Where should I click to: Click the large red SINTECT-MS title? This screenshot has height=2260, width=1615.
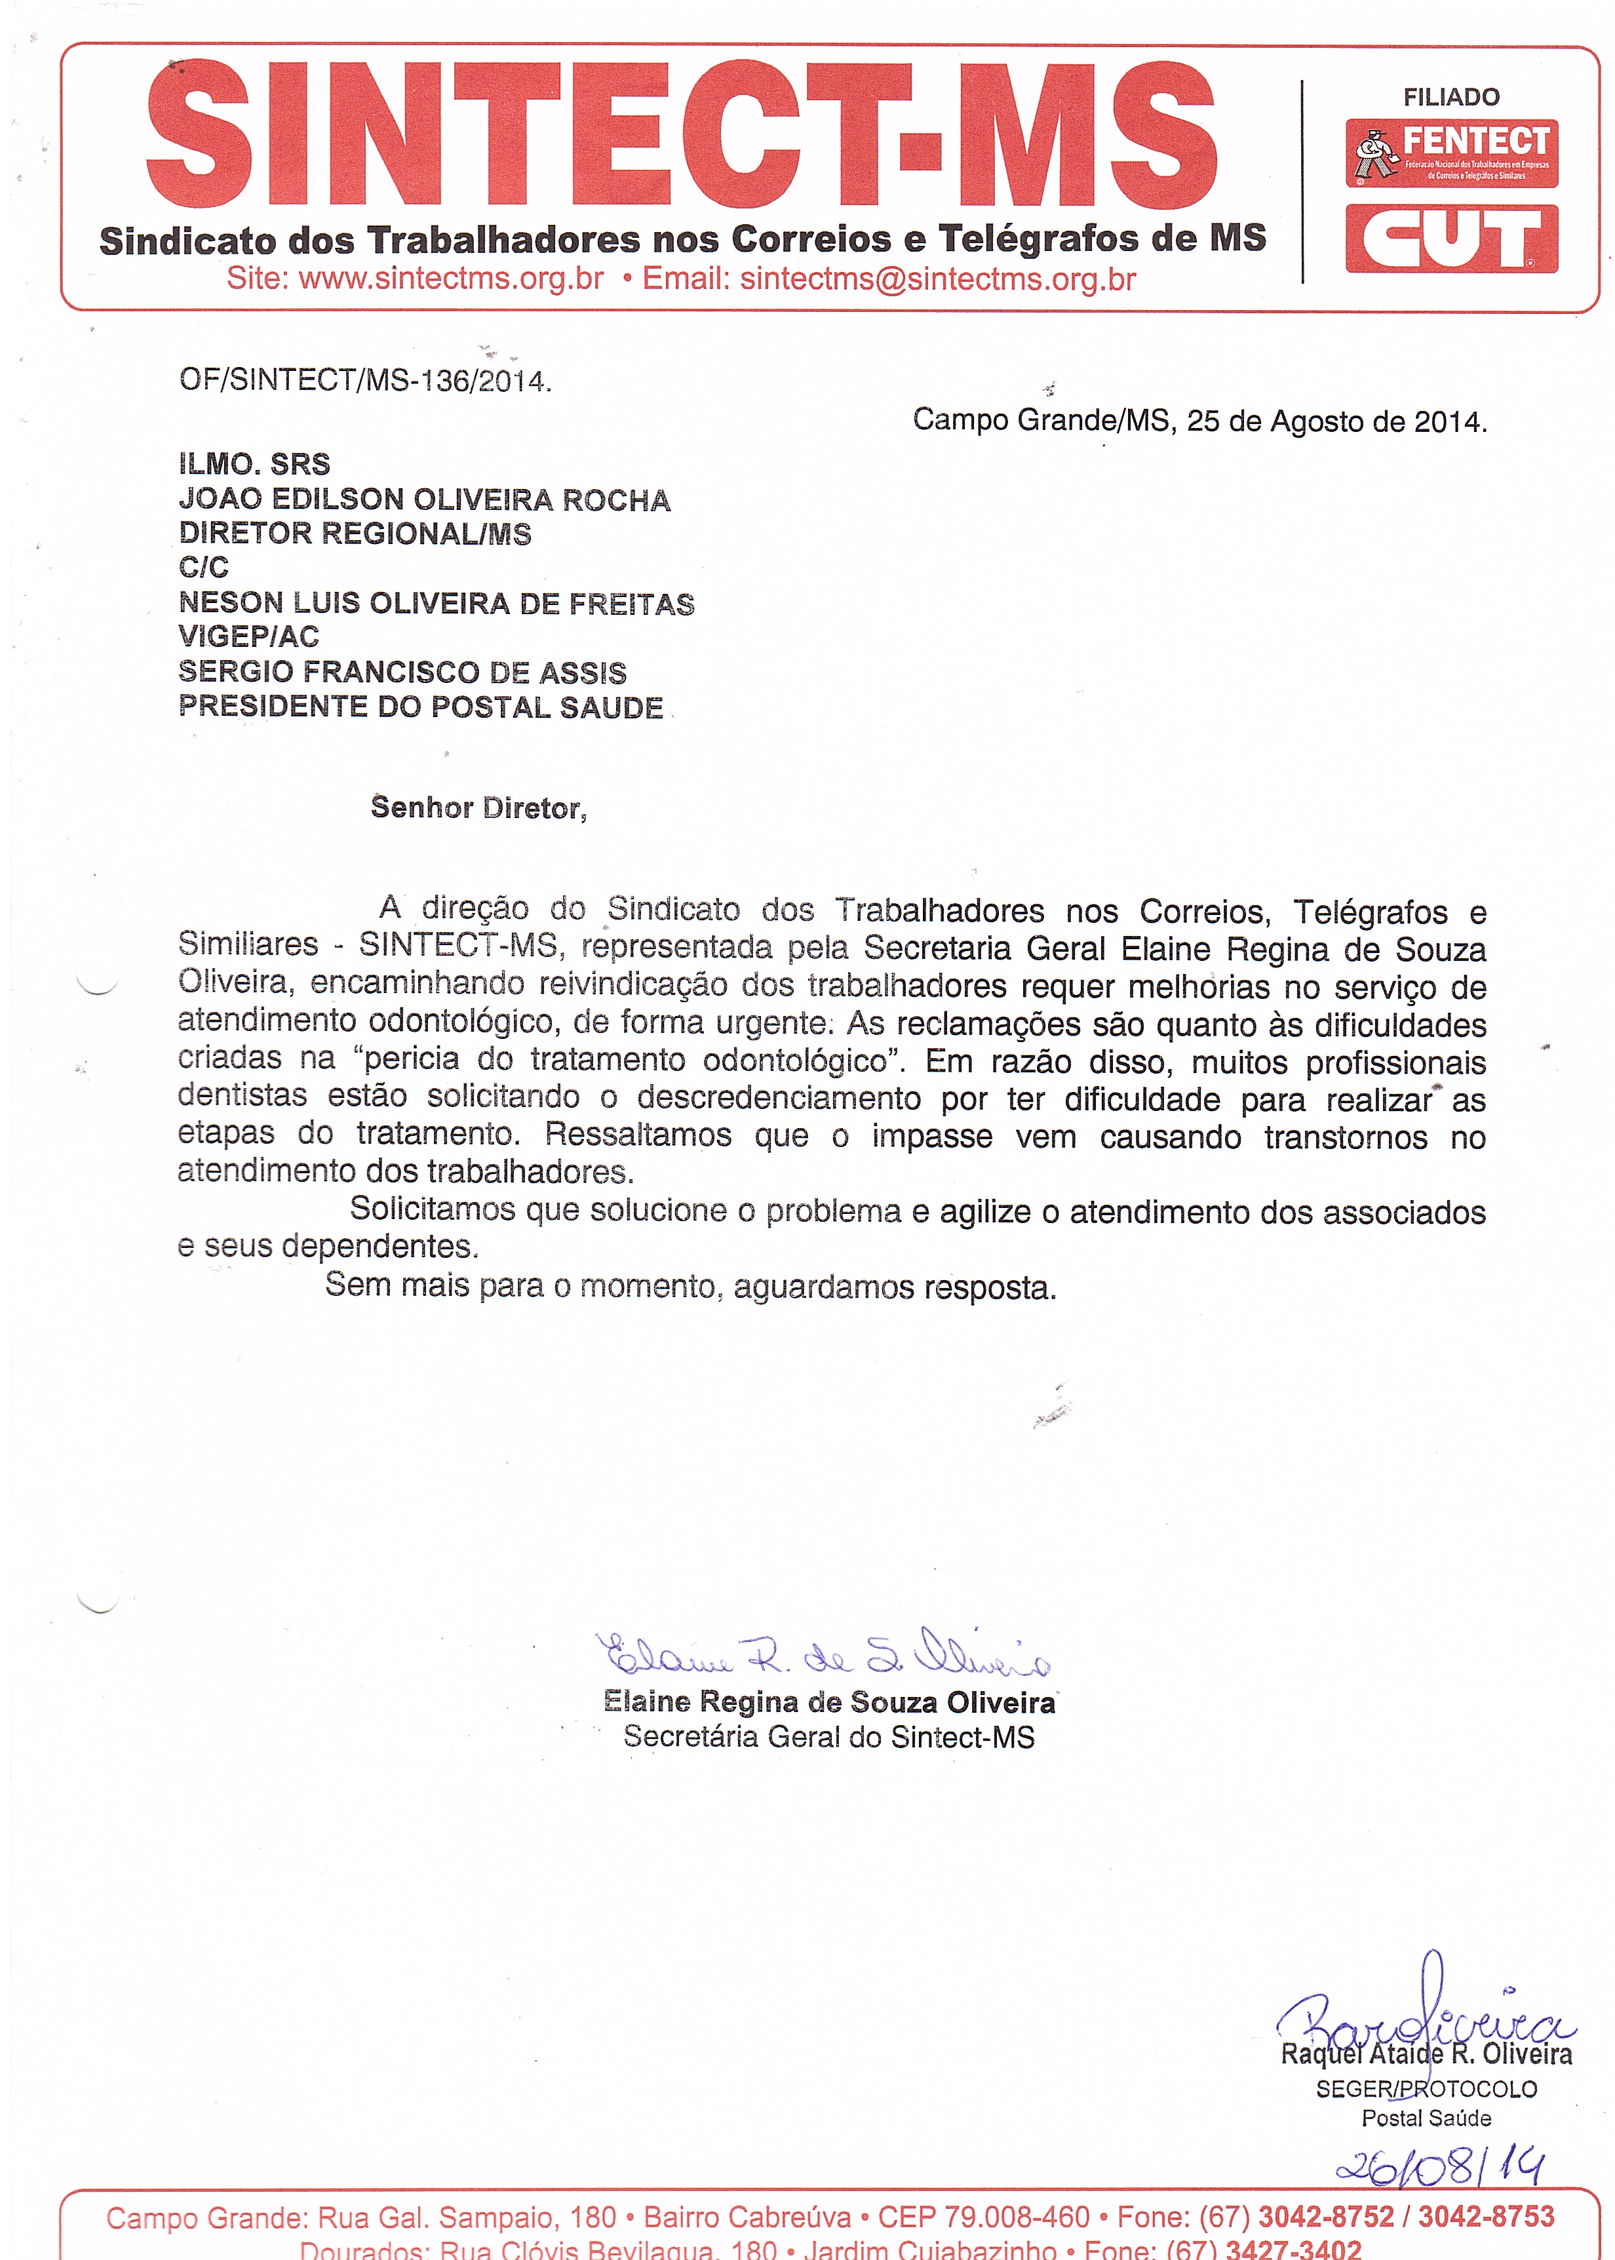click(681, 134)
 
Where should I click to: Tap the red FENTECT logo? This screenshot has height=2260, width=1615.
click(1451, 153)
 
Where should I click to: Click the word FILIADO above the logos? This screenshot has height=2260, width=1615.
click(1451, 98)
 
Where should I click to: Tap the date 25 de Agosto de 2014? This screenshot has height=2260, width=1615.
click(1336, 421)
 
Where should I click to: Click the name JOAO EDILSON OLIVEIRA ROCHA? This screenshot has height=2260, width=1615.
click(425, 500)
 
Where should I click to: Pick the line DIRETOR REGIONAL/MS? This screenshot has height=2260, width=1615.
click(355, 534)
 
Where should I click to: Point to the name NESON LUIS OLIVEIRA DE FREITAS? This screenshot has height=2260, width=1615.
click(437, 604)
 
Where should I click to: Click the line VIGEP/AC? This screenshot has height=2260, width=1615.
click(248, 636)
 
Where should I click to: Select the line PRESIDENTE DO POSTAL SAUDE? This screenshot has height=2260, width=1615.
click(421, 707)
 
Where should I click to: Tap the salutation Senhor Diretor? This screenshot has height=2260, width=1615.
click(478, 808)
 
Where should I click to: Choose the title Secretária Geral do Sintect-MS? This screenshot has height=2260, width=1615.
click(828, 1737)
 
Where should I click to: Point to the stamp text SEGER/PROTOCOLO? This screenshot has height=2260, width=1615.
click(1426, 2089)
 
